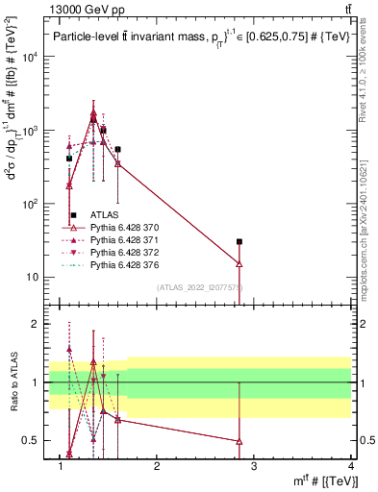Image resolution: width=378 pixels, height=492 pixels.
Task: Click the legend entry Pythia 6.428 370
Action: (x=126, y=228)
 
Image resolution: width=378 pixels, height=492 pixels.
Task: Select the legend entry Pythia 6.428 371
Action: (x=126, y=240)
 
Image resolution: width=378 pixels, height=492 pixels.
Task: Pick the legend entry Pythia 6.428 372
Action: (x=126, y=253)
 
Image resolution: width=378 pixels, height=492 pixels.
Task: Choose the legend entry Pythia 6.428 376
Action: (x=126, y=265)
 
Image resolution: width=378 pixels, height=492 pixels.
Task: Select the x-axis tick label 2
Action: (x=157, y=466)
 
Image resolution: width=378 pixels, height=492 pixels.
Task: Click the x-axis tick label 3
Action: (x=254, y=466)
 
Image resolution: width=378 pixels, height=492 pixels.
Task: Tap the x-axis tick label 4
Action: (x=351, y=466)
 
